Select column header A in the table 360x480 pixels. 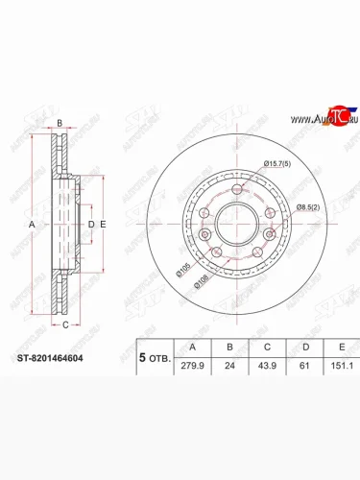(196, 347)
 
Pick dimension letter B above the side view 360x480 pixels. (59, 124)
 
